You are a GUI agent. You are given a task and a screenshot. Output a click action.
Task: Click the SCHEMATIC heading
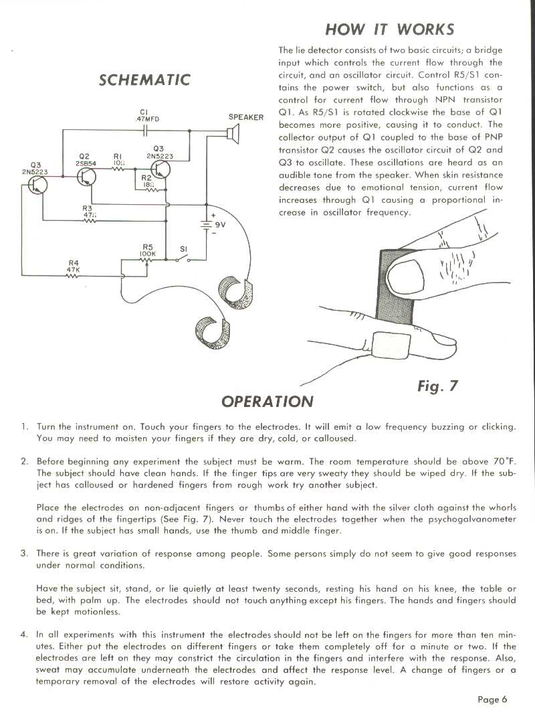pyautogui.click(x=144, y=80)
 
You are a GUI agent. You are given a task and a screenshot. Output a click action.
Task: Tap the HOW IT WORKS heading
pyautogui.click(x=389, y=29)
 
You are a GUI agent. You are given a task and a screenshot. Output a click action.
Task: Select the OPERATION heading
pyautogui.click(x=267, y=402)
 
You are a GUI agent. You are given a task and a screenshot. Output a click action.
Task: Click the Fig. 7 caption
pyautogui.click(x=437, y=386)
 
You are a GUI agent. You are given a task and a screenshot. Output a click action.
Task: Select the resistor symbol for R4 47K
pyautogui.click(x=72, y=275)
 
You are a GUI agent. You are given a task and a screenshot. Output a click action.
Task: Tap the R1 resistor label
pyautogui.click(x=118, y=158)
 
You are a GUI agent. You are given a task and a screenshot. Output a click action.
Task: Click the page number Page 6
pyautogui.click(x=492, y=700)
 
